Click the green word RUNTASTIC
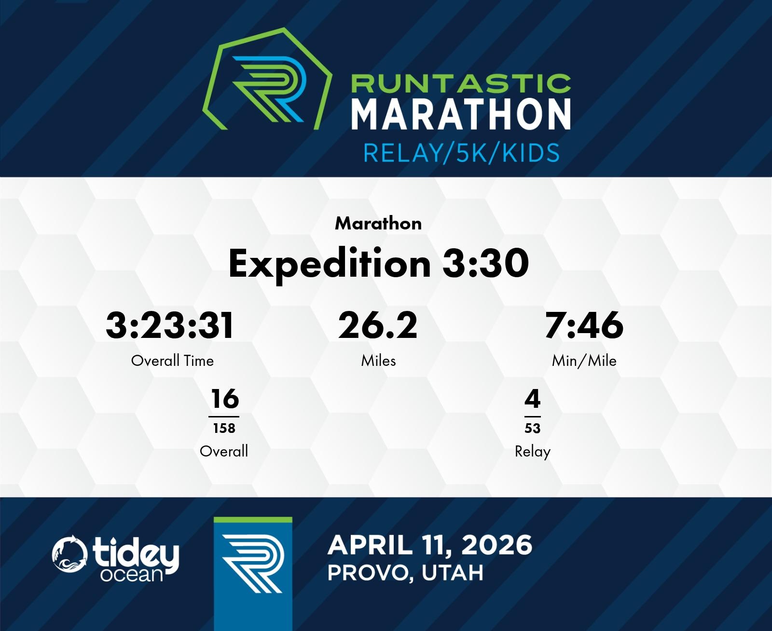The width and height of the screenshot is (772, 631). (461, 83)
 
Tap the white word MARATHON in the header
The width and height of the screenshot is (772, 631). (461, 114)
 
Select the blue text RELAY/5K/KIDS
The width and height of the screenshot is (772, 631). (461, 152)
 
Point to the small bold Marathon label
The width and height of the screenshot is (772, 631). (378, 224)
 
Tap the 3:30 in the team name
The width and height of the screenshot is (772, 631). (485, 263)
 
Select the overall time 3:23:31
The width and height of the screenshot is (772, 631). (169, 325)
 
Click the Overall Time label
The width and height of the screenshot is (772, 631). (172, 361)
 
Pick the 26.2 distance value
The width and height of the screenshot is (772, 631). (378, 325)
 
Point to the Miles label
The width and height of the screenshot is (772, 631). (378, 361)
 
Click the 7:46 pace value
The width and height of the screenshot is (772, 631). (584, 325)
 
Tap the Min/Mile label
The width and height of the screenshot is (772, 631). (584, 361)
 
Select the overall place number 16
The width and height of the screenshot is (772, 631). (225, 399)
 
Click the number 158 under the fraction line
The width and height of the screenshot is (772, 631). (224, 428)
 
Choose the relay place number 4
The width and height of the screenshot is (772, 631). (532, 399)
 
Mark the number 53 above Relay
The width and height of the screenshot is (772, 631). (532, 428)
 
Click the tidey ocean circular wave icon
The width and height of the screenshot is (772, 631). (69, 553)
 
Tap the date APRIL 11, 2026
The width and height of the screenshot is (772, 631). (430, 545)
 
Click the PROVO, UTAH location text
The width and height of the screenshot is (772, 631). (405, 573)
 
